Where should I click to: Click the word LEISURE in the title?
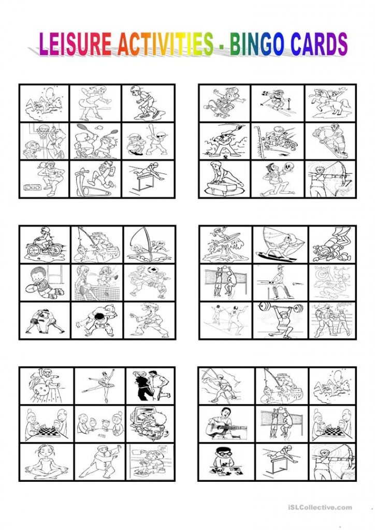pyautogui.click(x=75, y=45)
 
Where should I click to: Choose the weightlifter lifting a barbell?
pyautogui.click(x=280, y=320)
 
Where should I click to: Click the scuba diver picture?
pyautogui.click(x=331, y=245)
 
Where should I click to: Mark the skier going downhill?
pyautogui.click(x=277, y=103)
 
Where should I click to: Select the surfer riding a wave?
pyautogui.click(x=225, y=245)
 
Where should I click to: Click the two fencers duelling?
pyautogui.click(x=225, y=320)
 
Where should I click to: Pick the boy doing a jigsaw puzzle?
pyautogui.click(x=225, y=462)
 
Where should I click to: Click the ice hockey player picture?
pyautogui.click(x=330, y=141)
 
